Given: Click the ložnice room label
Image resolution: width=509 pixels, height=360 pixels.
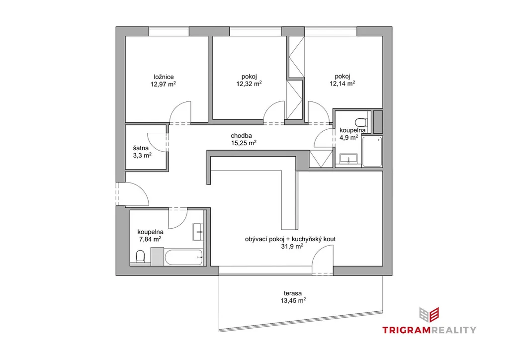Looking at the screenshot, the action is coord(164,77).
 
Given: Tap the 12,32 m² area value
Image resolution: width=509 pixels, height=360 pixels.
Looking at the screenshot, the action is coord(249,84).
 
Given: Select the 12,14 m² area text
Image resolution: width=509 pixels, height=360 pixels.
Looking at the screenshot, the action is coord(342,84).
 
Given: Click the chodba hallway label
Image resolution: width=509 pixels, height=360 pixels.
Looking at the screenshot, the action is coord(241,136).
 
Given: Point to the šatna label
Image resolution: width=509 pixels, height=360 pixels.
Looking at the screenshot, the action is coord(141,148).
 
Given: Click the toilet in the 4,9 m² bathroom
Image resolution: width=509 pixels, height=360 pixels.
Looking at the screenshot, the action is coord(361,122).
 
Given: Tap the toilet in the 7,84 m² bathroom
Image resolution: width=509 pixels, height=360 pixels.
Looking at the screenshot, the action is coord(140,256).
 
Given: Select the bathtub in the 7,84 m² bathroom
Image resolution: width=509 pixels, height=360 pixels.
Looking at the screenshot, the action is coord(184,257).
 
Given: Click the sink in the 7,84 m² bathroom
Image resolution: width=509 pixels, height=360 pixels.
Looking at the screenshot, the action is coord(198,232).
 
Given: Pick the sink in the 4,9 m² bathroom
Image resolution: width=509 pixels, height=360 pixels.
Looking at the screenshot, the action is coord(348,159).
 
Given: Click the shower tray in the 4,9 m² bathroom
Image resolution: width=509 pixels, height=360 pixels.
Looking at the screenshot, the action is coord(372,152).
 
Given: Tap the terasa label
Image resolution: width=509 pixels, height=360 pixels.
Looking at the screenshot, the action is coord(292,293).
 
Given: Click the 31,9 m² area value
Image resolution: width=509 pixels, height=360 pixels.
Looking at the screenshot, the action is coord(292,247).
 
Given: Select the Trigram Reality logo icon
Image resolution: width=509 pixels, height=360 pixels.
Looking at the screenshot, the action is coord(429,315).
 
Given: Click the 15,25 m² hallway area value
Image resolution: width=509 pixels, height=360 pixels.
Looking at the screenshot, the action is coord(244,143).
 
